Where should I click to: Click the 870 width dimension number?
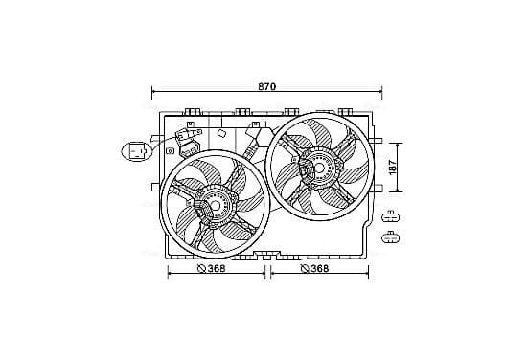pos(266,86)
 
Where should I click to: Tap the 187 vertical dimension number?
pos(393,168)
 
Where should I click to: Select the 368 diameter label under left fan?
pos(217,269)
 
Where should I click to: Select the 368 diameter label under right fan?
pos(319,268)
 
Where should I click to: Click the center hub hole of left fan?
pos(215,205)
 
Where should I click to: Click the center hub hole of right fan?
pos(319,168)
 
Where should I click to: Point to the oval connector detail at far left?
pos(137,151)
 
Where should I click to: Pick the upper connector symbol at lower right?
pos(390,217)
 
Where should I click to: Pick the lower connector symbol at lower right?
pos(390,238)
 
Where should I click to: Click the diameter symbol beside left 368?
pos(201,269)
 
